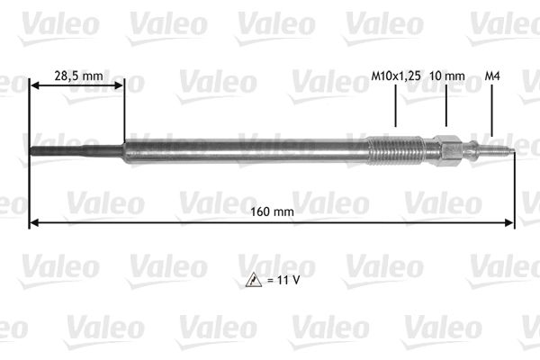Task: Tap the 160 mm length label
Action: (271, 211)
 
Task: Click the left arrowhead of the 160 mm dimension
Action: (34, 221)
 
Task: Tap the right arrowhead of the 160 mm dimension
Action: (510, 221)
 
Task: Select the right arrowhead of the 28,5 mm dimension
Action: (119, 85)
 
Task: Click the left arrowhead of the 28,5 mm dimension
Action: (35, 85)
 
